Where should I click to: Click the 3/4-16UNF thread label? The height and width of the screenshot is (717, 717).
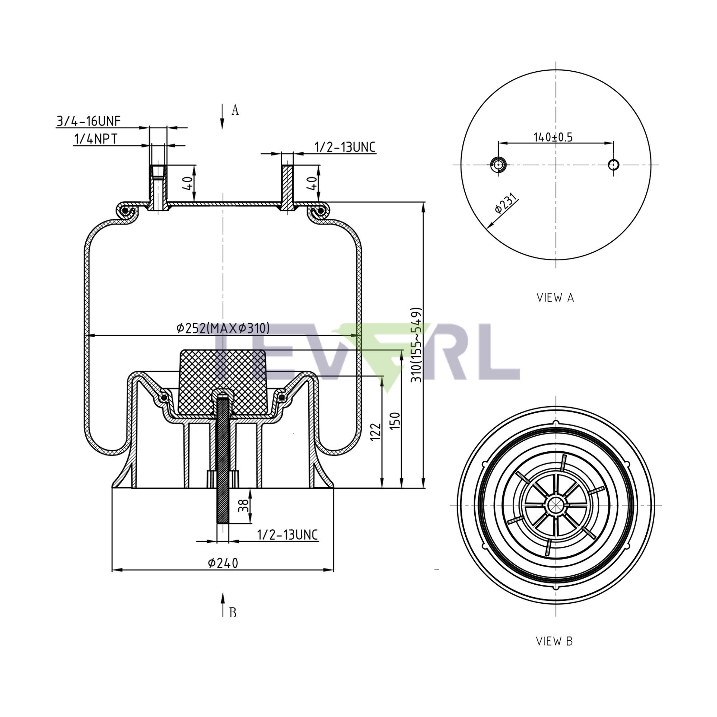click(88, 121)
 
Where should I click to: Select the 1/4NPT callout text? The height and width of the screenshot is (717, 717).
click(96, 139)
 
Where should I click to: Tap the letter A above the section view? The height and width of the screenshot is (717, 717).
click(235, 110)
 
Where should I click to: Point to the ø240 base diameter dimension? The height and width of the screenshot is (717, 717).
click(223, 562)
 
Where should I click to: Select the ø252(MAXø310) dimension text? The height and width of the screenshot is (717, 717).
click(223, 328)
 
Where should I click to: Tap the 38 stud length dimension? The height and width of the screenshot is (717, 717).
click(243, 505)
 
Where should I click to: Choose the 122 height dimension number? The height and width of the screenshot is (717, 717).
click(376, 431)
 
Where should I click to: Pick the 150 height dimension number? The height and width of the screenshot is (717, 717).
click(395, 421)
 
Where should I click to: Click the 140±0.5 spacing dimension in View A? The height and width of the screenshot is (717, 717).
click(553, 137)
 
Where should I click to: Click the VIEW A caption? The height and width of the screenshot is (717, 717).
click(555, 298)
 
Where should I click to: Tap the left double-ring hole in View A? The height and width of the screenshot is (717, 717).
click(498, 164)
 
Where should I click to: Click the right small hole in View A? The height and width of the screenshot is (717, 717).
click(613, 164)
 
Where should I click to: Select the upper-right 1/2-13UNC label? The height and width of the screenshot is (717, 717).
click(345, 147)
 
